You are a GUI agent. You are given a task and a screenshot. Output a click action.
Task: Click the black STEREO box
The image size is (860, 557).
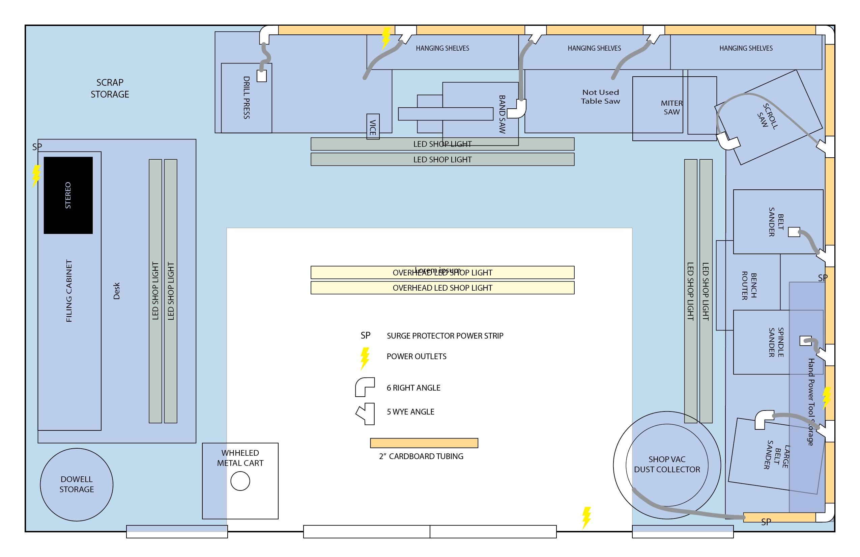click(x=68, y=195)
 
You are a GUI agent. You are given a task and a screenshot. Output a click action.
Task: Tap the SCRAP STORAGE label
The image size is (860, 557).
click(x=110, y=88)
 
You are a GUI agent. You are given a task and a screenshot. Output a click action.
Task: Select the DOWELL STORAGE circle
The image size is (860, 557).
click(x=77, y=484)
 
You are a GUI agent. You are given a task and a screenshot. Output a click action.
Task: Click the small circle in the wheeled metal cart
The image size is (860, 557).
click(x=240, y=481)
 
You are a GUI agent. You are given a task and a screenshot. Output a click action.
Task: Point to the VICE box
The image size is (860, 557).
click(x=373, y=127)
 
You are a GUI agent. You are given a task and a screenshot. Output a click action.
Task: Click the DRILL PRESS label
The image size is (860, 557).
click(x=247, y=98)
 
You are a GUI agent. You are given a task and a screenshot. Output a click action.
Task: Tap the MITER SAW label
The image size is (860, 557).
click(x=671, y=107)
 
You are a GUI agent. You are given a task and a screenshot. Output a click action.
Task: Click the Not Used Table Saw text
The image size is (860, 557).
click(x=600, y=97)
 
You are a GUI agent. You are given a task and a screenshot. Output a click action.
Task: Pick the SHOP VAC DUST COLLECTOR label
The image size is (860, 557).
click(x=667, y=465)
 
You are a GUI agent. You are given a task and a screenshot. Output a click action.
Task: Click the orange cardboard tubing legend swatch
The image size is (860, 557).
click(x=424, y=443)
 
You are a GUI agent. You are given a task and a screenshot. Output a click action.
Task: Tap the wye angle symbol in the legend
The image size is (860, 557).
click(x=366, y=414)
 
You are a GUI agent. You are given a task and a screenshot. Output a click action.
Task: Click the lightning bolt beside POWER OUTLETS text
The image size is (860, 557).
click(x=365, y=358)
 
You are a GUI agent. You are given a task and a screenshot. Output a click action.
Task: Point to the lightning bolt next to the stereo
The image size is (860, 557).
click(x=36, y=176)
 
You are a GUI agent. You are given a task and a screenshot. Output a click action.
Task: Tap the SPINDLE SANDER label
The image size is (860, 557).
click(x=775, y=342)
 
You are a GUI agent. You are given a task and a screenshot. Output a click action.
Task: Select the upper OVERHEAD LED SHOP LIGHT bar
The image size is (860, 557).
click(x=442, y=273)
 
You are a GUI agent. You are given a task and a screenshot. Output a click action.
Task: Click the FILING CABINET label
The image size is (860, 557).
click(x=69, y=291)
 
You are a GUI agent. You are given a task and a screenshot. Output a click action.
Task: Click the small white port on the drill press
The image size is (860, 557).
click(x=262, y=76)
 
